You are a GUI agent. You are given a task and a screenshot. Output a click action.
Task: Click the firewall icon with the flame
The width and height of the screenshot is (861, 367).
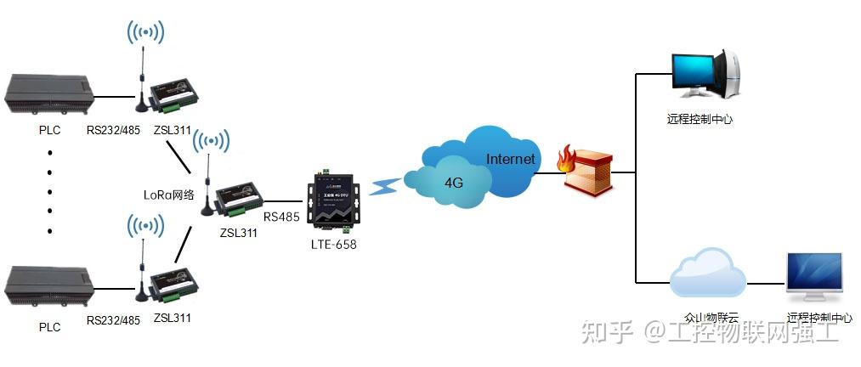[586, 171]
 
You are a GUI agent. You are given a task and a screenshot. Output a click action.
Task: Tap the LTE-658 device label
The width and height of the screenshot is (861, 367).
[334, 245]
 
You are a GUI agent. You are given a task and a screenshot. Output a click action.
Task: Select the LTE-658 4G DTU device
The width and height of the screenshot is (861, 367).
[334, 200]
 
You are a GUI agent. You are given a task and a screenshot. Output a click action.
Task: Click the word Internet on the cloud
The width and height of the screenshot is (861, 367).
[510, 159]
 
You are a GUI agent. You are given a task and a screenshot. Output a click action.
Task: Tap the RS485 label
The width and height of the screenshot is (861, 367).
[281, 217]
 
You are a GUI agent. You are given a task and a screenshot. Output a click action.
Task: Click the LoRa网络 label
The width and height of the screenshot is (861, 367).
[169, 194]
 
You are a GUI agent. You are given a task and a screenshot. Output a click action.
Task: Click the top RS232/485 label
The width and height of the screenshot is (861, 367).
[113, 131]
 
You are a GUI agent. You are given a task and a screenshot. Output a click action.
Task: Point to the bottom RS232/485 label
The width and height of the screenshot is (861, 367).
[113, 320]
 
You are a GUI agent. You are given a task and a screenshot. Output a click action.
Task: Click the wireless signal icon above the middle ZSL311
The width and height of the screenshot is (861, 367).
[211, 141]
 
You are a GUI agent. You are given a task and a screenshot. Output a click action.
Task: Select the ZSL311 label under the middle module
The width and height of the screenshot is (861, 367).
[238, 232]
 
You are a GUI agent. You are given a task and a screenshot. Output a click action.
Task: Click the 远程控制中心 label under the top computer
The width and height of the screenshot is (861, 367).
[700, 120]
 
